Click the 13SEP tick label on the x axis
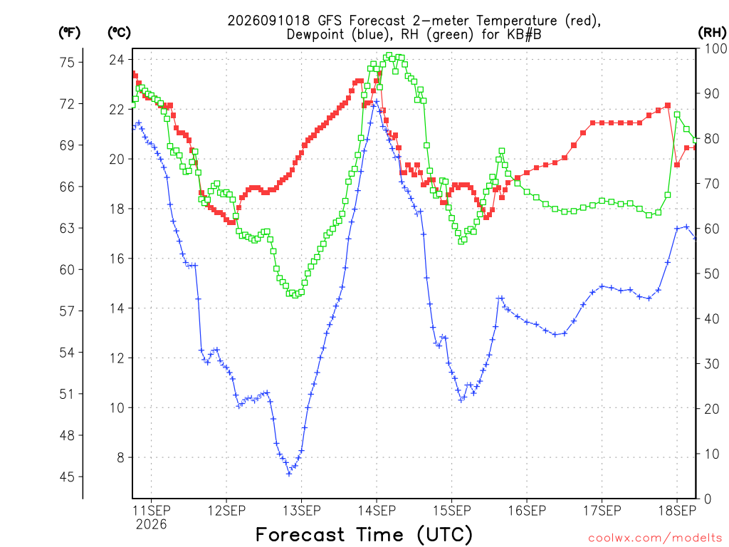(x=302, y=511)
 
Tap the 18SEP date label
(x=677, y=511)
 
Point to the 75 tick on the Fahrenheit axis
(x=67, y=63)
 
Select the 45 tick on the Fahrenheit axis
(x=67, y=476)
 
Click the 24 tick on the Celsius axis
(x=117, y=60)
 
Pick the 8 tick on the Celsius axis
(x=121, y=458)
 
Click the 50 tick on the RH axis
(x=712, y=273)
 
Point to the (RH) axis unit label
(x=712, y=32)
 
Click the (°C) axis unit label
(x=120, y=32)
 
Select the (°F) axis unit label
(x=69, y=32)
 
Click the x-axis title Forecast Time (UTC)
(x=364, y=535)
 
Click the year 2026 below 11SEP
(x=151, y=525)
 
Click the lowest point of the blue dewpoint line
(x=289, y=474)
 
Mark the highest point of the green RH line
(x=389, y=56)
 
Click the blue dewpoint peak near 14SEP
(x=377, y=102)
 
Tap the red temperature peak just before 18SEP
(x=668, y=105)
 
